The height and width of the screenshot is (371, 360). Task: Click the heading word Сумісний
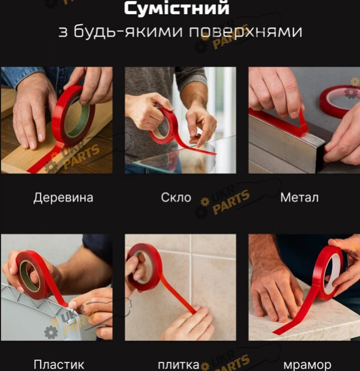click(176, 8)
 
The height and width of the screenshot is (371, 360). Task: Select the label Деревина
click(63, 197)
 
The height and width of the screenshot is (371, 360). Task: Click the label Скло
click(176, 197)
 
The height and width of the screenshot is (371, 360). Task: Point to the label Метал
click(299, 197)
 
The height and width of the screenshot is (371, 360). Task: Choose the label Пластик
click(59, 365)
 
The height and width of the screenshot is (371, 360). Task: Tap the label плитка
click(179, 365)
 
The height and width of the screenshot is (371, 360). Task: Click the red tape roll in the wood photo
click(74, 115)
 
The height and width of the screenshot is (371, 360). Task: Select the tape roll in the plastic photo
click(33, 274)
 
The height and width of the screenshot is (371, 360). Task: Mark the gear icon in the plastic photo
click(51, 332)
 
